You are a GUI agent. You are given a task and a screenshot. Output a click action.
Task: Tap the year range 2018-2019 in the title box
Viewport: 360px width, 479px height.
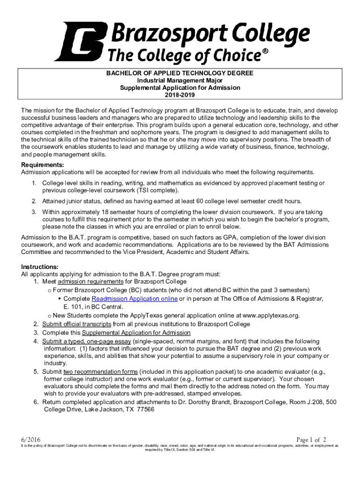[x=180, y=95]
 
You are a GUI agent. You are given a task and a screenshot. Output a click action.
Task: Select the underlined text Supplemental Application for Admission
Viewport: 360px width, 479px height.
[x=136, y=333]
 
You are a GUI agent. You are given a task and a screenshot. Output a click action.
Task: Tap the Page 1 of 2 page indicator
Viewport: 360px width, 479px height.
[x=311, y=439]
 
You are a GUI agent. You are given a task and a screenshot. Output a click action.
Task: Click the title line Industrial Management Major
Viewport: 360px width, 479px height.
[x=180, y=80]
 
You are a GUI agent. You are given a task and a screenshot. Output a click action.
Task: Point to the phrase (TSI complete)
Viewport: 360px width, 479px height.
[x=156, y=191]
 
